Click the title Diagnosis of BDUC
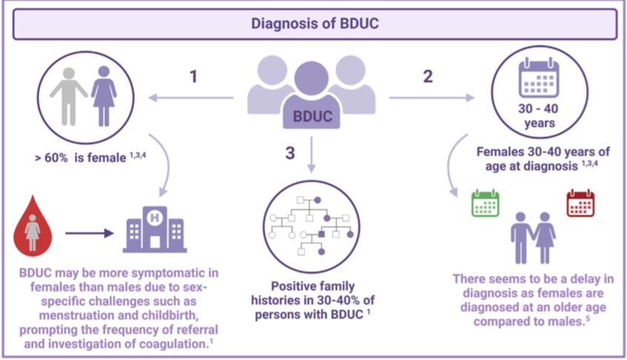pos(314,23)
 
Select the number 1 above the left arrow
pos(194,76)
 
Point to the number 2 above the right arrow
pos(428,76)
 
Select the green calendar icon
pos(486,203)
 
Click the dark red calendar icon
pos(581,203)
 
